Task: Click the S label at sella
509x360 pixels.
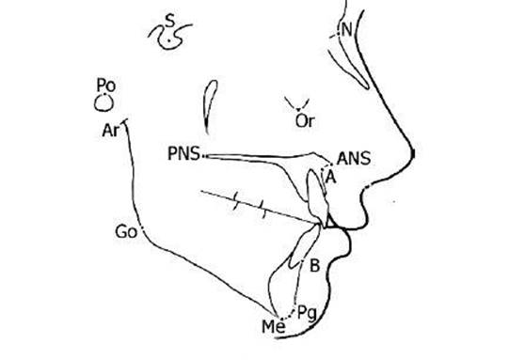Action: click(169, 21)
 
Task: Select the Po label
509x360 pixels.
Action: click(106, 85)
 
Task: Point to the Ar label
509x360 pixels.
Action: click(109, 131)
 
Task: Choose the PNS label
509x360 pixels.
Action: click(184, 152)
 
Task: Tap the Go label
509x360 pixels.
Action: click(126, 231)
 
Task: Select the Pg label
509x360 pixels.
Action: click(306, 311)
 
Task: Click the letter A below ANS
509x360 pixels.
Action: click(329, 176)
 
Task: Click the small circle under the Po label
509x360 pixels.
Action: click(106, 100)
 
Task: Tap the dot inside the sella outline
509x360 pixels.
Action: click(168, 40)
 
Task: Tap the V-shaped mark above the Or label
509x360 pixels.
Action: click(301, 102)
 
